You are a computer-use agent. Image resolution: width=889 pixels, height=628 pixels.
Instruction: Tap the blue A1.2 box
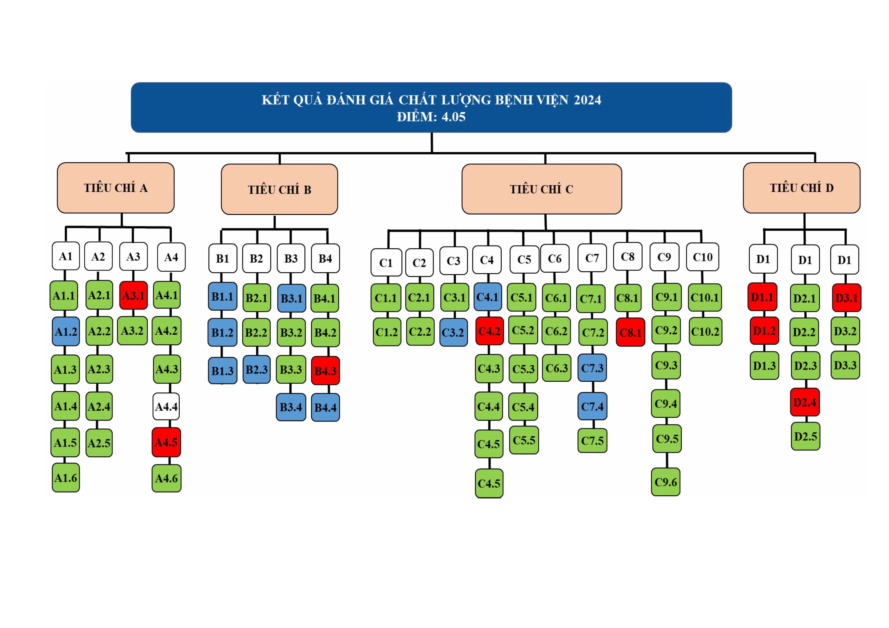[x=66, y=332]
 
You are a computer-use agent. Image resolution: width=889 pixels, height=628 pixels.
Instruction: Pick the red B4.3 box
[x=325, y=371]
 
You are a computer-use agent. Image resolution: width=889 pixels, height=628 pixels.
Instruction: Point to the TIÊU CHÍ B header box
[x=279, y=189]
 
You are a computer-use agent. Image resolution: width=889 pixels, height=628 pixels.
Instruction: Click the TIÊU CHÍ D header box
[x=802, y=188]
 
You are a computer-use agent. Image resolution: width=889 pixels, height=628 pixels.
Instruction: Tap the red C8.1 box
[x=630, y=332]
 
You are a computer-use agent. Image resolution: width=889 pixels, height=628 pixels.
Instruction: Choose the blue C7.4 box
[x=592, y=406]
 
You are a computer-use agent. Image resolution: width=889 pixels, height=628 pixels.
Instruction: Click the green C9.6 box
[x=666, y=482]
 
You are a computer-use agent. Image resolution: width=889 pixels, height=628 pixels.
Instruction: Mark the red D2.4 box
[x=805, y=402]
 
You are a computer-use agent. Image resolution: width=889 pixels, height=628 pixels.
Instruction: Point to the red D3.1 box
[x=846, y=298]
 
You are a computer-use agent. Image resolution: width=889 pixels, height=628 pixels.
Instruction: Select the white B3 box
[x=291, y=258]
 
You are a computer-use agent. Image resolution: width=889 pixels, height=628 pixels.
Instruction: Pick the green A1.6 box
[x=66, y=477]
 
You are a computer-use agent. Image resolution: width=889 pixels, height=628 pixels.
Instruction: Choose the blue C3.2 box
[x=453, y=332]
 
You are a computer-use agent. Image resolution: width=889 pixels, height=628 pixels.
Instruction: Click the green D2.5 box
[x=805, y=436]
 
